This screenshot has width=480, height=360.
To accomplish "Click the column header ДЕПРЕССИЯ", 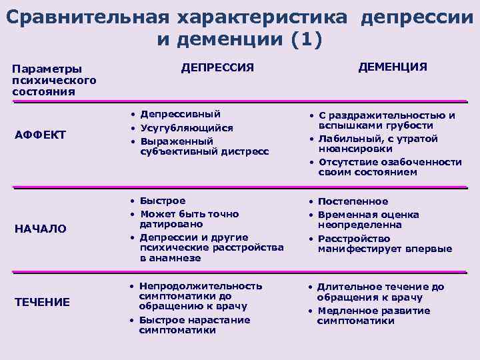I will (x=218, y=67).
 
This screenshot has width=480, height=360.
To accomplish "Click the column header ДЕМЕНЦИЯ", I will (x=393, y=67).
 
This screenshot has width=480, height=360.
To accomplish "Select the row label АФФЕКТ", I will (x=40, y=135).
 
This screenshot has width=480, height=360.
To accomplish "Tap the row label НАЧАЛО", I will (x=41, y=229).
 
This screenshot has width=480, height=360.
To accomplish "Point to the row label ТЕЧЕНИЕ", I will (x=42, y=302).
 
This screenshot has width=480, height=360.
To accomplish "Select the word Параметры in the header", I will (x=47, y=69).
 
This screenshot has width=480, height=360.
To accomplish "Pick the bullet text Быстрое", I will (x=163, y=201).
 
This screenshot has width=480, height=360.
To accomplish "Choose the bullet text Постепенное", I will (x=353, y=201).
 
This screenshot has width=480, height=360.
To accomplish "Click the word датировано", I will (x=167, y=225).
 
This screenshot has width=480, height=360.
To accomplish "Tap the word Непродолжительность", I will (x=200, y=286).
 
